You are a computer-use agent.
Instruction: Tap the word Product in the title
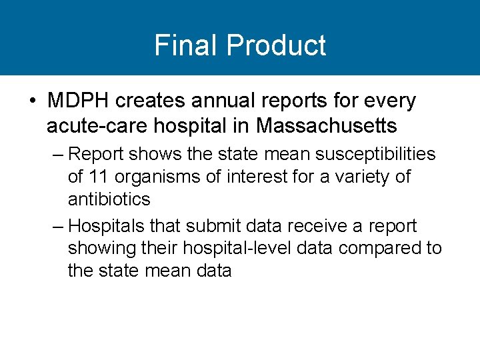point(275,45)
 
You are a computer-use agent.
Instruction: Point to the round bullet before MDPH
point(33,101)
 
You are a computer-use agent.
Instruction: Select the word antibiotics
point(109,199)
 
